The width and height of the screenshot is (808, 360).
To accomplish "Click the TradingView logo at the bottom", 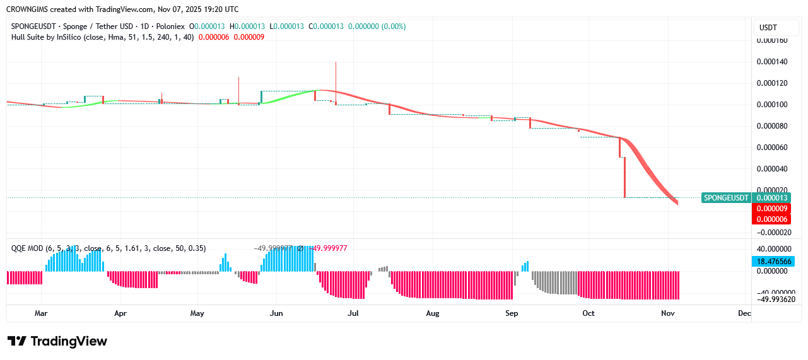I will tap(57, 341).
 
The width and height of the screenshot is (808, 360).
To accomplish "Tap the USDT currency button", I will tap(768, 28).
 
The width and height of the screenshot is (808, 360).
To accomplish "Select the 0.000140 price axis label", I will tap(772, 62).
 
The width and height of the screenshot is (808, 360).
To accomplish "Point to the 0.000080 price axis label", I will tap(772, 126).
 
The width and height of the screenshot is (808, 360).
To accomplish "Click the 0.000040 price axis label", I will tap(772, 169).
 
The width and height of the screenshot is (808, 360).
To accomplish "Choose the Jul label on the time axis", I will tap(353, 313).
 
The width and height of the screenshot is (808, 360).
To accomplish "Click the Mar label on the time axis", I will tap(41, 313).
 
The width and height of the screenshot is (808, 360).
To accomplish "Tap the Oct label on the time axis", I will tap(588, 313).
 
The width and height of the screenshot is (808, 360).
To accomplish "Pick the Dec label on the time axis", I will tap(744, 313).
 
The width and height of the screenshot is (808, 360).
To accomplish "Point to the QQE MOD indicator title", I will tap(27, 248).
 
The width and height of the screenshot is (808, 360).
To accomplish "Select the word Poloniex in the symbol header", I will tap(171, 26).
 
